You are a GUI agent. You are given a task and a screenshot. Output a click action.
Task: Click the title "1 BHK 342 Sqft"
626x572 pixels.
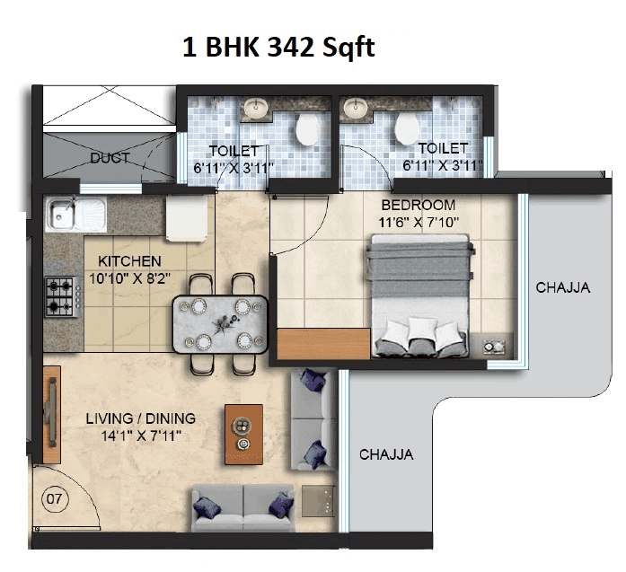(278, 47)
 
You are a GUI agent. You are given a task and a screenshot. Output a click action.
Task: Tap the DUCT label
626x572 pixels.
(110, 158)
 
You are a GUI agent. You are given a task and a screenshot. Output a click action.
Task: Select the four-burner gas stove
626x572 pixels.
(60, 296)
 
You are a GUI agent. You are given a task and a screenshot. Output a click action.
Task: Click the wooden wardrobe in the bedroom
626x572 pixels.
(323, 344)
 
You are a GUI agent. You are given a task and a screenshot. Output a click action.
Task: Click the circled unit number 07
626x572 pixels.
(53, 497)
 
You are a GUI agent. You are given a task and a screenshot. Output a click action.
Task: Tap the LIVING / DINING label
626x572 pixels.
(140, 419)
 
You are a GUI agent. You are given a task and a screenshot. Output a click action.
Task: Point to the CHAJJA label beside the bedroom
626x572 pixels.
(562, 288)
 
